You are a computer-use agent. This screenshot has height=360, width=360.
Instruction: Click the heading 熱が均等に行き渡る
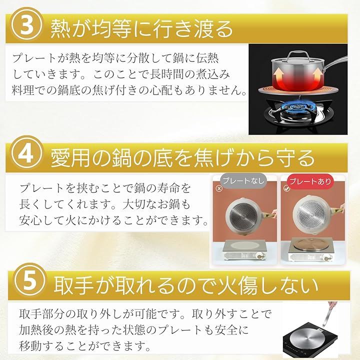[141, 29]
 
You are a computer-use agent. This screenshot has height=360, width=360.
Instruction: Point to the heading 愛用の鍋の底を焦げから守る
[182, 157]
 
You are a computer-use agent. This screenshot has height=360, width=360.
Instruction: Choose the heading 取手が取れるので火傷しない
[186, 286]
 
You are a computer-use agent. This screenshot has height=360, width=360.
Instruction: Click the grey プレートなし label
[243, 180]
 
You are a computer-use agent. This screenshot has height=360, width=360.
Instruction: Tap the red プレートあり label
[310, 181]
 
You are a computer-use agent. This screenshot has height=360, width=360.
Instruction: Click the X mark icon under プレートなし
[219, 188]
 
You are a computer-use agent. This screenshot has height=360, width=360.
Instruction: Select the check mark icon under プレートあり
[286, 188]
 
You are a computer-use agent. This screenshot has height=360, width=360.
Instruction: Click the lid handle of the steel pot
[298, 54]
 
